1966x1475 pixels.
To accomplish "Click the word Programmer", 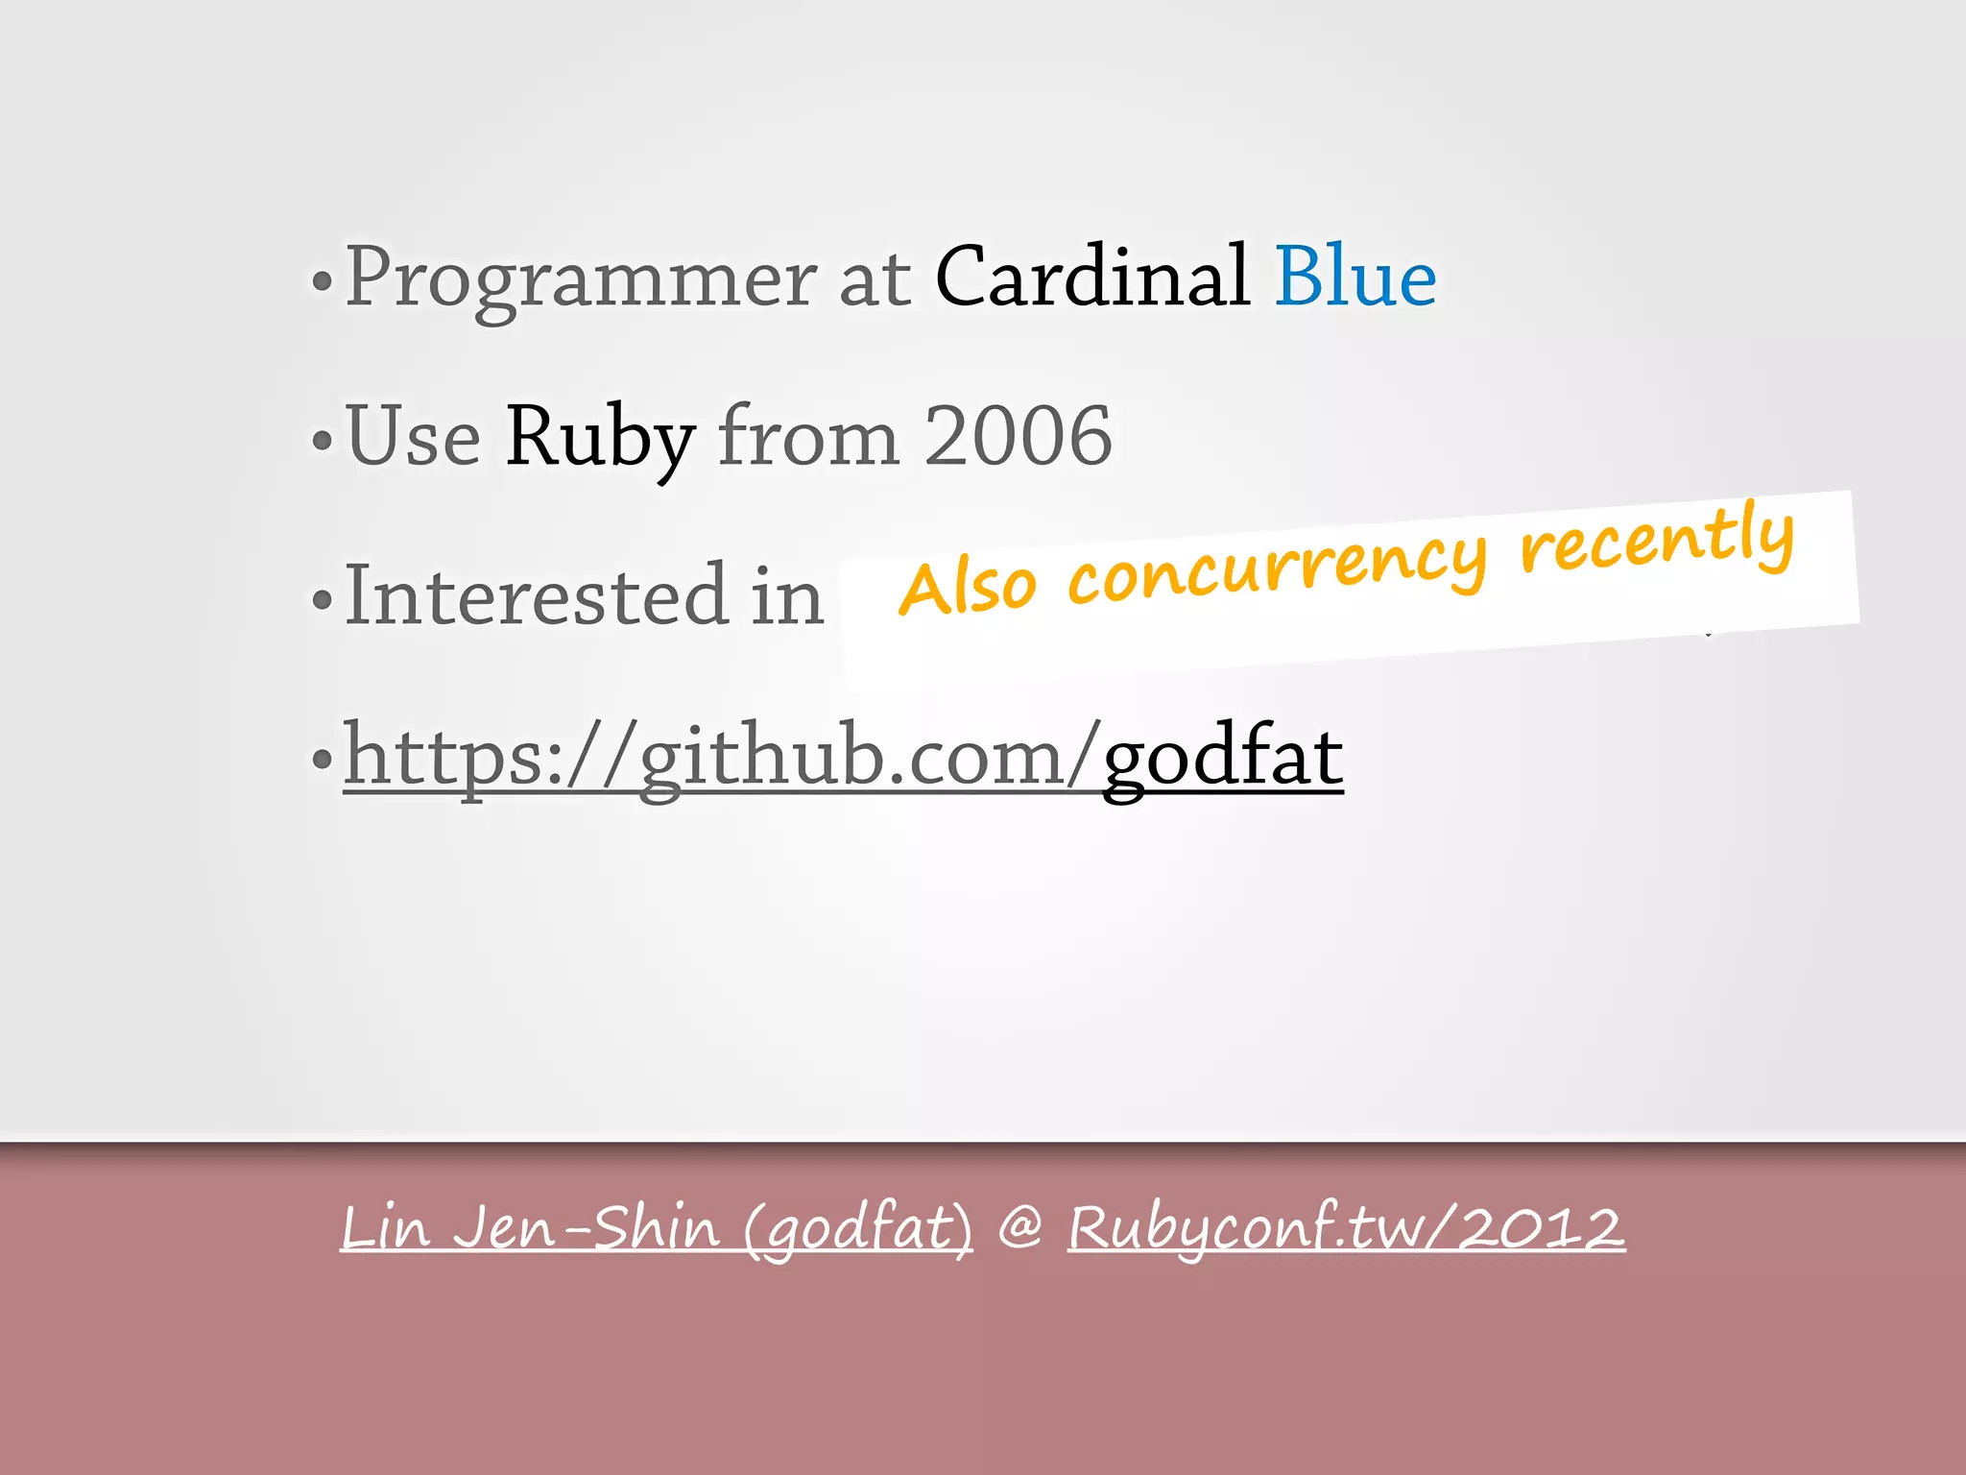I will click(x=581, y=278).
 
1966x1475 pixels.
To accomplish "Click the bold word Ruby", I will click(x=600, y=437).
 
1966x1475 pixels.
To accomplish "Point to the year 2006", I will click(x=1018, y=437).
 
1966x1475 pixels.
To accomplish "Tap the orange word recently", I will click(x=1657, y=538).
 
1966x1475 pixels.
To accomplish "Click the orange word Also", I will click(x=968, y=588).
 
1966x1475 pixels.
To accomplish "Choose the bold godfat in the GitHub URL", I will click(x=1223, y=758).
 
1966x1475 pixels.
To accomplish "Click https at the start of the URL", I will click(x=442, y=758).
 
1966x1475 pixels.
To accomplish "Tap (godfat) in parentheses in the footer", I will click(x=857, y=1230).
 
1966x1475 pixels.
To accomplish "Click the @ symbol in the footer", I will click(x=1019, y=1228).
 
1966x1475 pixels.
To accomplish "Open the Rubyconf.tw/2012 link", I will click(x=1346, y=1228).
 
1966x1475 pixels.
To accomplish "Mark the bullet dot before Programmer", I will click(x=323, y=282).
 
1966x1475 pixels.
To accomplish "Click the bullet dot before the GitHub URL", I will click(x=323, y=760).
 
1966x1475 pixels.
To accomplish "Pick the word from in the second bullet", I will click(x=808, y=437).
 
